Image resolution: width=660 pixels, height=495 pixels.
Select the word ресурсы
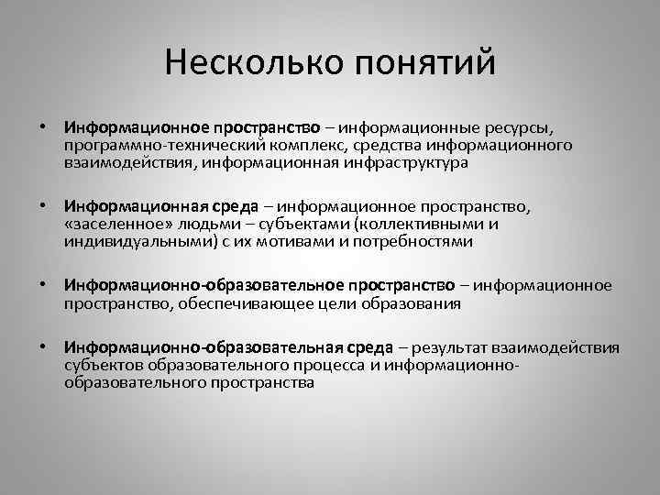[522, 126]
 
